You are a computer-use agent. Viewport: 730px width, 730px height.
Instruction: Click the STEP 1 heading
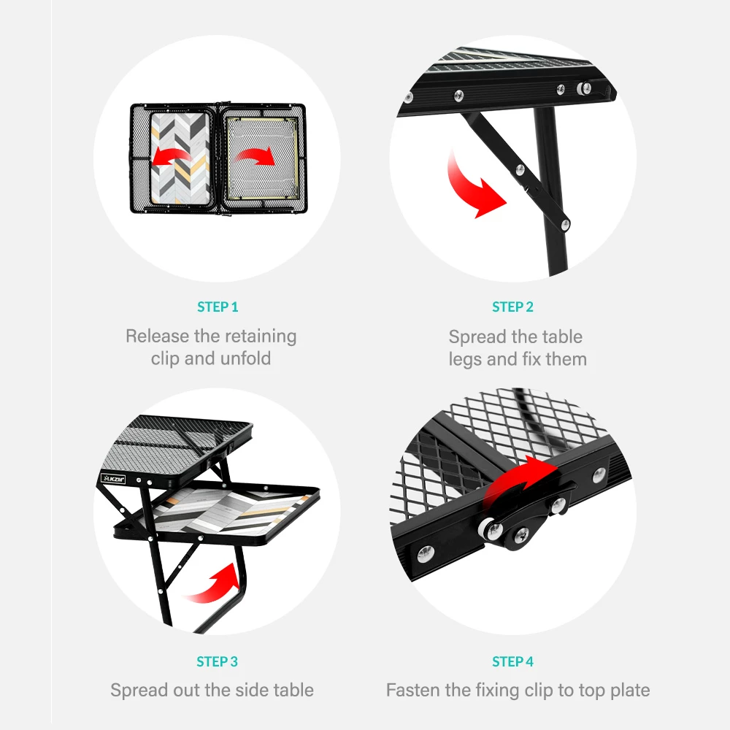click(218, 307)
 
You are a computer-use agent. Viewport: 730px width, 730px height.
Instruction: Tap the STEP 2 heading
click(512, 307)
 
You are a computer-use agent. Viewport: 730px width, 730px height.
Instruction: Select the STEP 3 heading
click(218, 662)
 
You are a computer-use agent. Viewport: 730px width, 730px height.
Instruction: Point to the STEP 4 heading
click(512, 662)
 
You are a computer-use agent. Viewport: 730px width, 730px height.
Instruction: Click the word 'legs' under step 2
click(465, 359)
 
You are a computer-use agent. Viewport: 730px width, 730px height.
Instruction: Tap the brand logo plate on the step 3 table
click(113, 479)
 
